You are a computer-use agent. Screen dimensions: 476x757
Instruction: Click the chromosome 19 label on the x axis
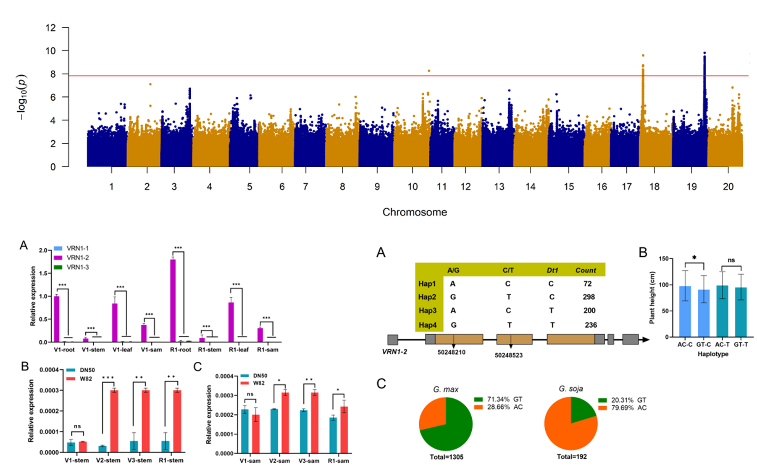tap(691, 187)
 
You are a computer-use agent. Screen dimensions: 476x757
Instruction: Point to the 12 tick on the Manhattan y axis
tap(51, 28)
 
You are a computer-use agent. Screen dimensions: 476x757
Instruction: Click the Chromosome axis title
tap(414, 212)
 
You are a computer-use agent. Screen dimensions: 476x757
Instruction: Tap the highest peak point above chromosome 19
tap(704, 53)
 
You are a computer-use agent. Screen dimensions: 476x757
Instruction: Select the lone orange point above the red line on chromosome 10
tap(429, 71)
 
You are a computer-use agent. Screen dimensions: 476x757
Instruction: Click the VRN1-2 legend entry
tap(78, 258)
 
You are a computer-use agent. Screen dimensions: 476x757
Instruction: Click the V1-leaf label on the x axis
tap(122, 350)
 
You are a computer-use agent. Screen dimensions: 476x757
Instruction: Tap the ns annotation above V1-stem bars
tap(77, 426)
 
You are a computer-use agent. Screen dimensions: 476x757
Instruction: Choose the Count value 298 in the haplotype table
tap(589, 297)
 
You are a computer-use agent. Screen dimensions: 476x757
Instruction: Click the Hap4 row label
tap(427, 325)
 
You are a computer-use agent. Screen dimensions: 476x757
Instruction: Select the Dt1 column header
tap(552, 270)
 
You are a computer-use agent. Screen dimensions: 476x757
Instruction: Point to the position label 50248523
tap(508, 355)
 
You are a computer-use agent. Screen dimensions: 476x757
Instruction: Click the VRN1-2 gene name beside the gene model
tap(394, 351)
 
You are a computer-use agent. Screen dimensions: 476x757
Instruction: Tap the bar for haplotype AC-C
tap(685, 311)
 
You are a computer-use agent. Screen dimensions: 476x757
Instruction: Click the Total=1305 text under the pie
tap(446, 457)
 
